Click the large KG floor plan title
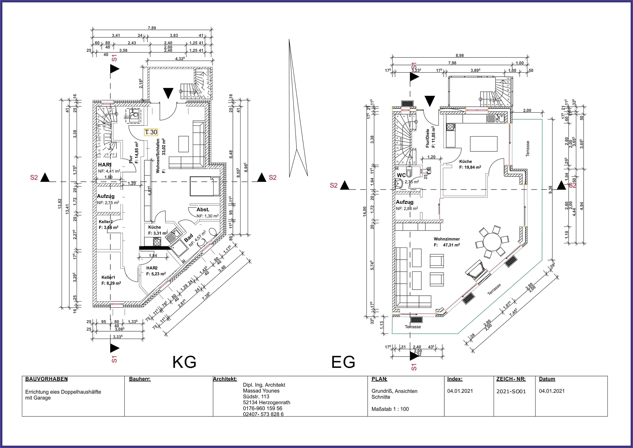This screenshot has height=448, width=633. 184,362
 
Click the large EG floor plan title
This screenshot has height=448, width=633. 343,362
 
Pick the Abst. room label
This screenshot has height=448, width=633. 203,210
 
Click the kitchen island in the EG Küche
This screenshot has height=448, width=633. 484,144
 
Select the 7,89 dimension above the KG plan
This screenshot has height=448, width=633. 152,28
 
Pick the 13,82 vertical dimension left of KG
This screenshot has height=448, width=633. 60,204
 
